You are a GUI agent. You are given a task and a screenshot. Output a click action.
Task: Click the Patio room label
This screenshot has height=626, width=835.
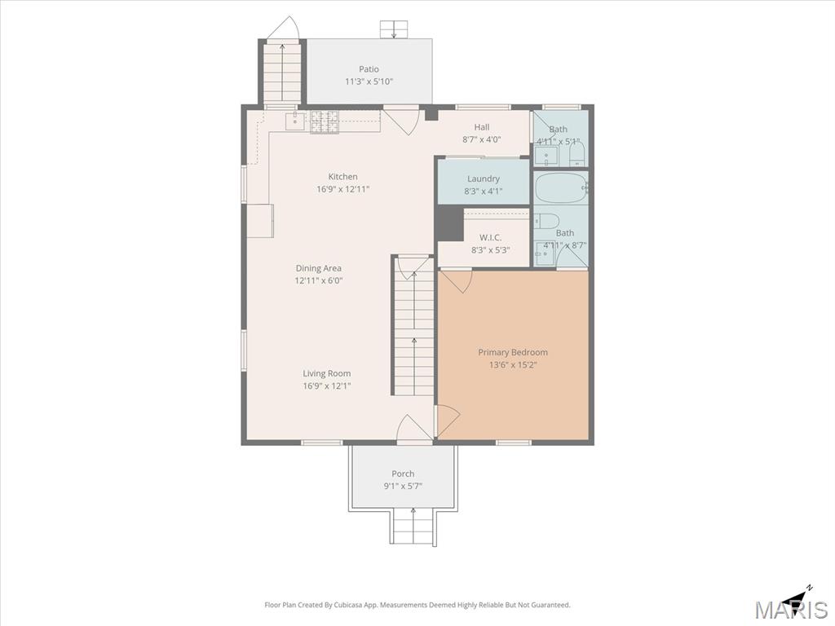(x=369, y=69)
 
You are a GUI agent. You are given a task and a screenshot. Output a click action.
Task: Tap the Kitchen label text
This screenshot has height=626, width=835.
(x=343, y=177)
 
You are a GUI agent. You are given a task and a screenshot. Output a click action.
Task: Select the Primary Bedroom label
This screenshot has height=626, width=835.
(x=513, y=352)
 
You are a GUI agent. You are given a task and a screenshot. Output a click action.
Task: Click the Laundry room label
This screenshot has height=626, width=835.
(x=484, y=179)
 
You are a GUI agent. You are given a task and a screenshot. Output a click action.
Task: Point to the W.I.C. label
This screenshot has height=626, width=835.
(x=490, y=237)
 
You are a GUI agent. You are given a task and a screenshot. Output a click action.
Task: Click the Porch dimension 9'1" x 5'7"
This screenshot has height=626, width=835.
(x=403, y=486)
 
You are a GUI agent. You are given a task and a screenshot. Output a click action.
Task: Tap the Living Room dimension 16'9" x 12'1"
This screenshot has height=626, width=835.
(x=327, y=386)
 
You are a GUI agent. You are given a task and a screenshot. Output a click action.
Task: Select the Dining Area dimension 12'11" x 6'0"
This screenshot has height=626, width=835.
(x=319, y=280)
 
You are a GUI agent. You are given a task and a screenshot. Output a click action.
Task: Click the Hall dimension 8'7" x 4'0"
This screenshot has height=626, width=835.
(x=481, y=140)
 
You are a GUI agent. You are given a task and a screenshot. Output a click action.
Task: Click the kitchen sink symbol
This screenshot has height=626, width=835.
(x=295, y=121)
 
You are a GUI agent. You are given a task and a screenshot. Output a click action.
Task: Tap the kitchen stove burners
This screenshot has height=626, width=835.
(x=325, y=121)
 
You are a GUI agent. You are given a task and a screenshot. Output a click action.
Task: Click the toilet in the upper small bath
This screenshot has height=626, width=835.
(x=577, y=153)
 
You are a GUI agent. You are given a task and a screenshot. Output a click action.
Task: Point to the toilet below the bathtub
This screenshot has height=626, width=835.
(x=546, y=220)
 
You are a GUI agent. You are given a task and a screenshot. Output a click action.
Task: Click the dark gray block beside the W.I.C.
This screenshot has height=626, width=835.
(x=449, y=223)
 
